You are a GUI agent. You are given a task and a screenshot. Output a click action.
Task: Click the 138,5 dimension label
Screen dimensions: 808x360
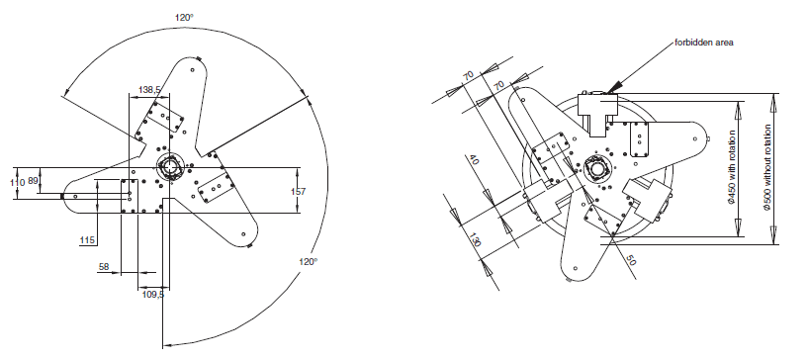[149, 90]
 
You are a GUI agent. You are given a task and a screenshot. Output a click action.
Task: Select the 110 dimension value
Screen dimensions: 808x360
[18, 182]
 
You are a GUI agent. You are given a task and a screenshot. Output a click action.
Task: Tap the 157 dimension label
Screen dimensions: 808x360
[298, 191]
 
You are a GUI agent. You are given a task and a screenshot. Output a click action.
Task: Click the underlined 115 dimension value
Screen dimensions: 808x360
[87, 240]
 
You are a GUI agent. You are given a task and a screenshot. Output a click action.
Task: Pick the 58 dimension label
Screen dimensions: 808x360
[104, 267]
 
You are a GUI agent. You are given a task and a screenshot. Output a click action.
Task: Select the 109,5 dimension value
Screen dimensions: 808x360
[153, 295]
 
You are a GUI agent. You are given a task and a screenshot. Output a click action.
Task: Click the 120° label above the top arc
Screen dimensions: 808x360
[183, 17]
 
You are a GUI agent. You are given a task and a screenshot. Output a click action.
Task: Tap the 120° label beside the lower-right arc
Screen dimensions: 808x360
[309, 261]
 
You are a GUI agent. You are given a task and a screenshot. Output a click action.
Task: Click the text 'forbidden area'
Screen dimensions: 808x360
[704, 43]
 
